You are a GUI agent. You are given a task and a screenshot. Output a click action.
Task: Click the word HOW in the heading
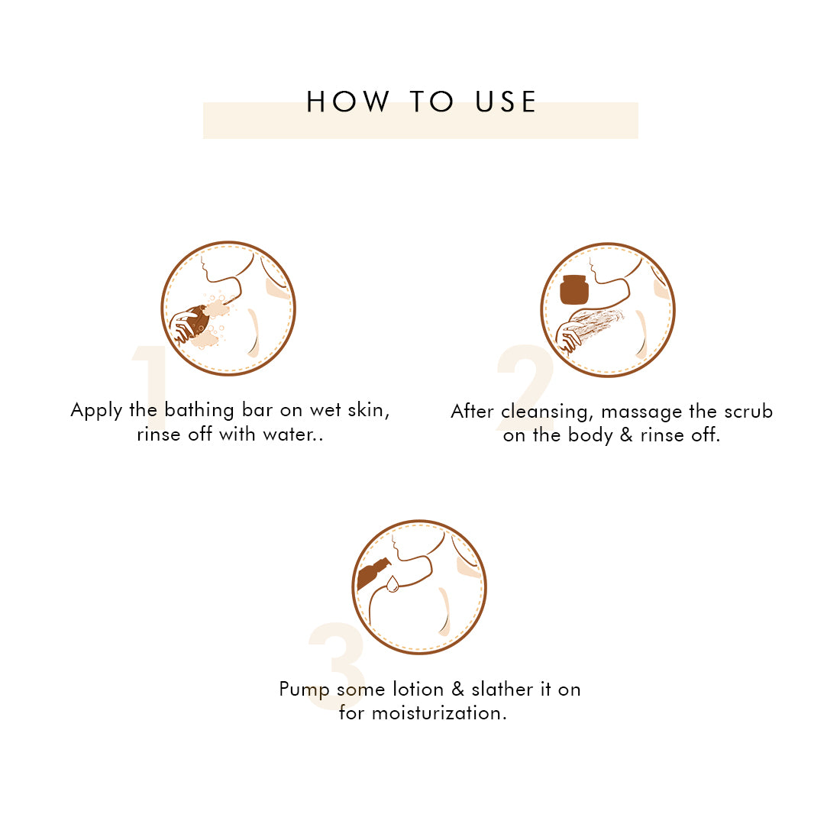[x=347, y=102]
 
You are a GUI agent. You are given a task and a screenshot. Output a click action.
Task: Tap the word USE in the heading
[x=506, y=102]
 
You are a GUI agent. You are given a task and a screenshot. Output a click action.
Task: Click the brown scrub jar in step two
[x=573, y=289]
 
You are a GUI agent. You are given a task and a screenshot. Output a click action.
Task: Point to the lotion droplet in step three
[x=393, y=584]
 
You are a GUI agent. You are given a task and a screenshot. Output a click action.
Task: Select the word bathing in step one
[x=199, y=411]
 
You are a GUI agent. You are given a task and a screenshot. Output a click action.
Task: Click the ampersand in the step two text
[x=626, y=435]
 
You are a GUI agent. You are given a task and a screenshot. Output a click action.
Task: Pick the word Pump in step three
[x=304, y=690]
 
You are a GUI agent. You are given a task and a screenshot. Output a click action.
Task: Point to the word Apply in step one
[x=96, y=411]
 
